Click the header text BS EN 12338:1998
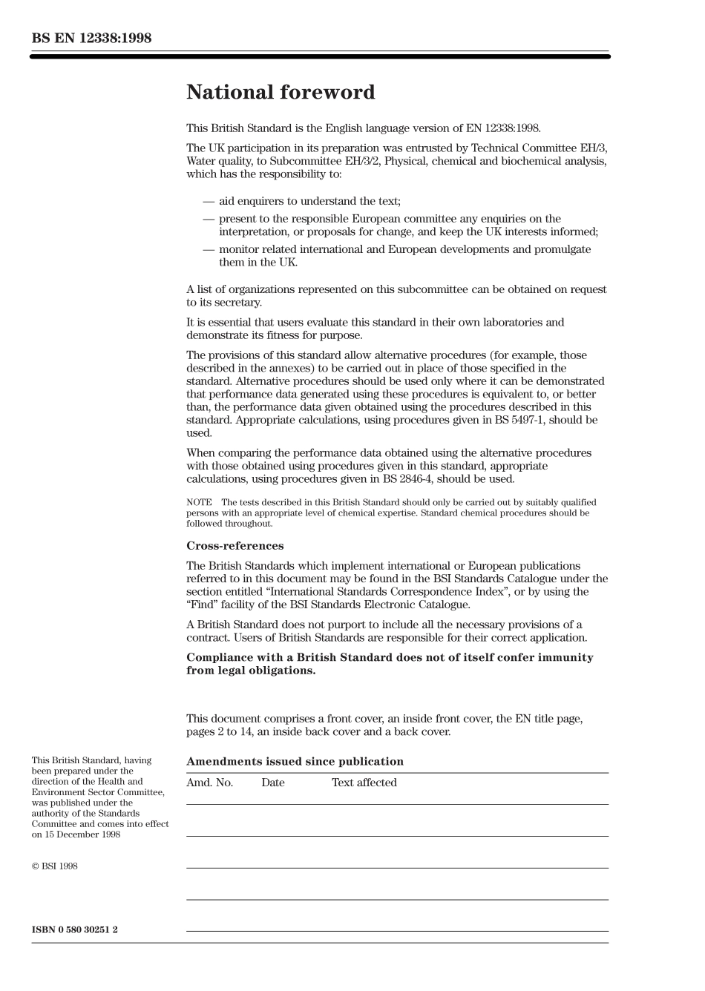[91, 38]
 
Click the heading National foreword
[281, 93]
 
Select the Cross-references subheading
[235, 546]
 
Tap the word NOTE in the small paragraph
[199, 503]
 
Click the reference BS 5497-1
[535, 420]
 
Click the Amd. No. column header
[209, 783]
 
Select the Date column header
[272, 783]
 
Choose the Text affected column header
[364, 783]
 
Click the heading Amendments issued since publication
[295, 762]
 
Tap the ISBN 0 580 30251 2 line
[75, 929]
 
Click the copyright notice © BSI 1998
[54, 866]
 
